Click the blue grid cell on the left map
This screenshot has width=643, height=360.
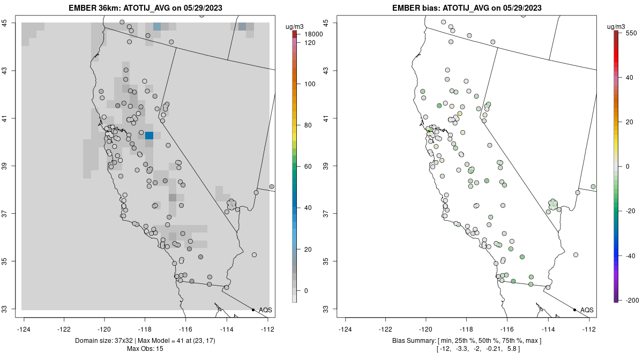(x=149, y=135)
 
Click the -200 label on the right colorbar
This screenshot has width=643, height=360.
(x=632, y=300)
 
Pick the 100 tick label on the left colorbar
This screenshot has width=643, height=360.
(x=309, y=84)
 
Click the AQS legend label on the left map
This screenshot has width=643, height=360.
(x=265, y=310)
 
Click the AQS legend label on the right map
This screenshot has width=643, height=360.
(x=587, y=310)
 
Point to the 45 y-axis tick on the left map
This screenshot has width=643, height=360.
(x=11, y=22)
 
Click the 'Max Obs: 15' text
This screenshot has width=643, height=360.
(x=145, y=349)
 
